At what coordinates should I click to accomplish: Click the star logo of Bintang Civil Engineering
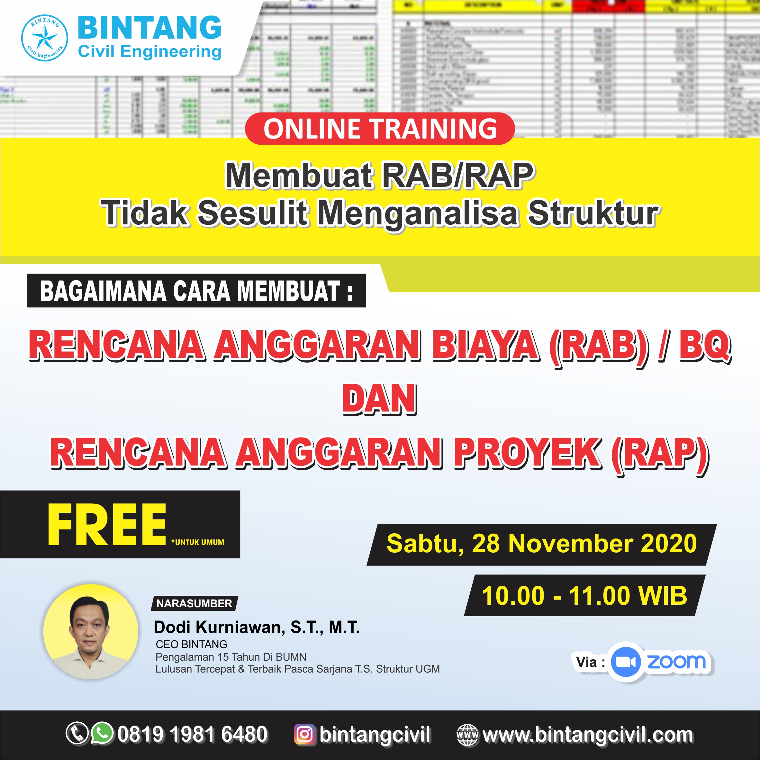[x=44, y=38]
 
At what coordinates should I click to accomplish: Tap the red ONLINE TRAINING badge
[x=380, y=129]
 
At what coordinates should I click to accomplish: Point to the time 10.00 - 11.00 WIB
[x=584, y=596]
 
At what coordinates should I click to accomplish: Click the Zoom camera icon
[x=626, y=662]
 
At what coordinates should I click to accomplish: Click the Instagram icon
[x=304, y=734]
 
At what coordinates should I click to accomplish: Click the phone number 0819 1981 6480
[x=192, y=734]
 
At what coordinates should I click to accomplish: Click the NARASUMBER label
[x=194, y=603]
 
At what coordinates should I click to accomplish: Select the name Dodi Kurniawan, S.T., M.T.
[x=257, y=628]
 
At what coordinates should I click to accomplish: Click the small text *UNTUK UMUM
[x=198, y=542]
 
